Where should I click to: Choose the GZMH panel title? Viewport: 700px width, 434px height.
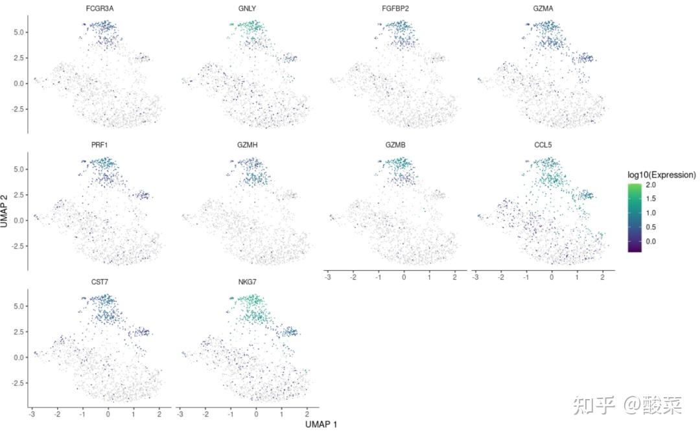247,145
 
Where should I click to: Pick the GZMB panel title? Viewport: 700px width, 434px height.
395,145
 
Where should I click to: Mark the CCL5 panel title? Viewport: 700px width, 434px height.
542,145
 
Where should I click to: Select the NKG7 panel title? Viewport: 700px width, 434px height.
247,282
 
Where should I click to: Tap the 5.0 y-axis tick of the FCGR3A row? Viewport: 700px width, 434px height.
19,32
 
